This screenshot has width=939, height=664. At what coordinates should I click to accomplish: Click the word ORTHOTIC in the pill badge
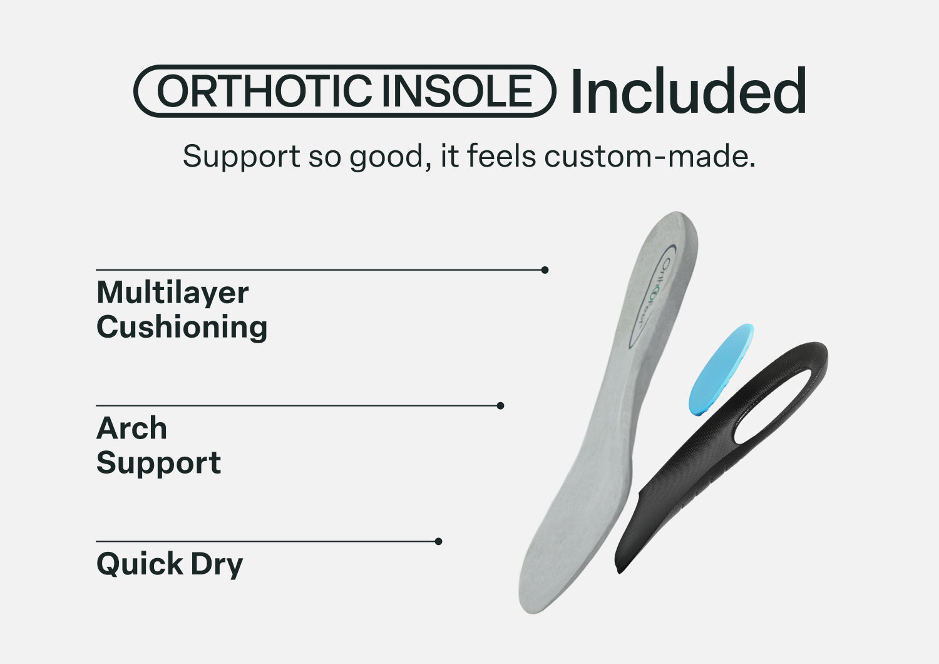[264, 91]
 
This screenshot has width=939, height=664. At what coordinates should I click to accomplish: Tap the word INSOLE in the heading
[457, 91]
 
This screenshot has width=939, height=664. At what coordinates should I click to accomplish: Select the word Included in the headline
[689, 90]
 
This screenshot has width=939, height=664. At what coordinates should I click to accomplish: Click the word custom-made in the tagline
[650, 156]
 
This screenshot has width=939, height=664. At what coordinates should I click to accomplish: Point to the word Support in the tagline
[242, 157]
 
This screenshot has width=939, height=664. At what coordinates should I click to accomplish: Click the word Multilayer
[172, 293]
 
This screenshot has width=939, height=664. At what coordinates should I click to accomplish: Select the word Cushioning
[182, 328]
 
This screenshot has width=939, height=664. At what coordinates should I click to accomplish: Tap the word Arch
[131, 428]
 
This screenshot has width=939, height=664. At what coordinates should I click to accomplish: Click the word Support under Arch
[158, 464]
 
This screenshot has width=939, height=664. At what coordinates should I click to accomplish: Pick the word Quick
[140, 564]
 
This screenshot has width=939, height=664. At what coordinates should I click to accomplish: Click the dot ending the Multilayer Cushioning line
[545, 270]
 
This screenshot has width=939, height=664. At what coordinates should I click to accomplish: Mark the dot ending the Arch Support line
[500, 406]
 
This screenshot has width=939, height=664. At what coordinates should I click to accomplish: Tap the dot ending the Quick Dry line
[438, 541]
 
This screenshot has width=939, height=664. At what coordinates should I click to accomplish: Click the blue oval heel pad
[721, 370]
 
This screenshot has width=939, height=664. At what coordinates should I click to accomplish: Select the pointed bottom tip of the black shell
[620, 571]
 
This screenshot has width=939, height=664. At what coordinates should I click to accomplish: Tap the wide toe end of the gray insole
[545, 596]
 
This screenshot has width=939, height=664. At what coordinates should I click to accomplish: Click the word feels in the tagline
[501, 156]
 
